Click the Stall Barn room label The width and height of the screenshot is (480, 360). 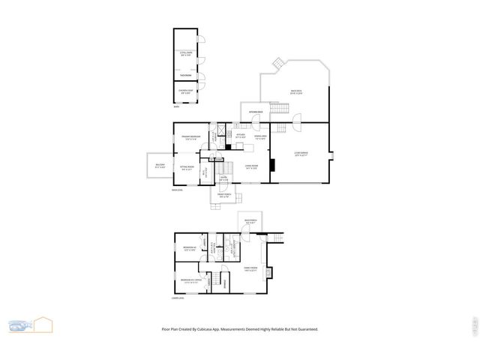(187, 54)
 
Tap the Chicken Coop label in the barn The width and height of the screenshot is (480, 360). (186, 92)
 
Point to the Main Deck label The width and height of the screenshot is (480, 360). (296, 92)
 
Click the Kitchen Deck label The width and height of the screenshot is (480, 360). (256, 112)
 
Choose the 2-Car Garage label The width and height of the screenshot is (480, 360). (301, 154)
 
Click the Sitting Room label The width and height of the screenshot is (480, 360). (187, 168)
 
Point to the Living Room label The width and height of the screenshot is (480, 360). (251, 166)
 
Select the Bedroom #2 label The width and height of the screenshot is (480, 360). (189, 248)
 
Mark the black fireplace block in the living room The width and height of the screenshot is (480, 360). (273, 166)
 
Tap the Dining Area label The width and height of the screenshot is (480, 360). (261, 137)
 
